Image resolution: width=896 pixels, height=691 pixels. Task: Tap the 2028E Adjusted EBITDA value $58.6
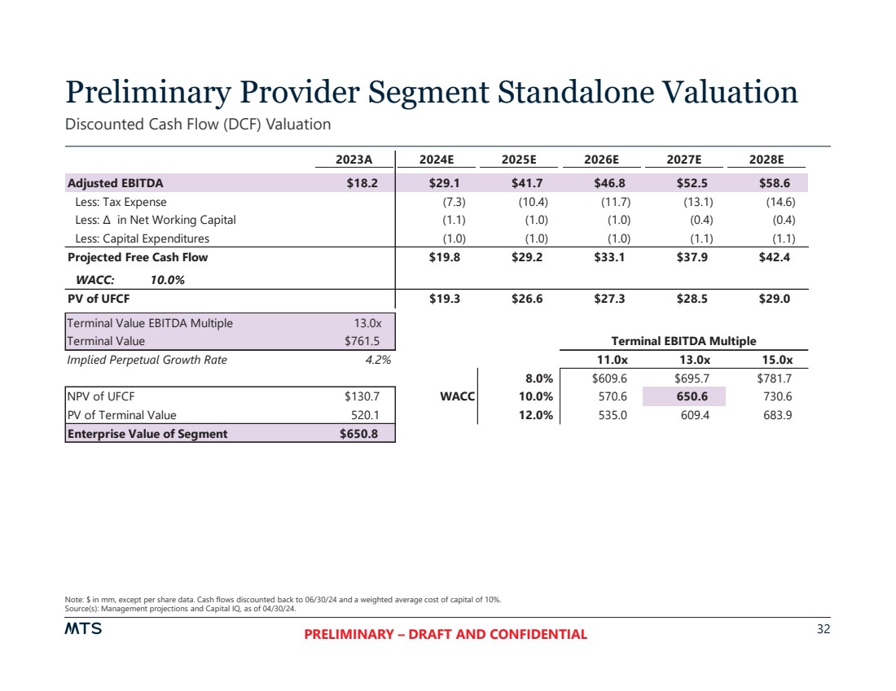click(x=774, y=183)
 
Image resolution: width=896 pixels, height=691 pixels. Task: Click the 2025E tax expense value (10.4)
click(x=533, y=202)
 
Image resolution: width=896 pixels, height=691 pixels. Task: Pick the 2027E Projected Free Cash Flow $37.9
click(x=691, y=257)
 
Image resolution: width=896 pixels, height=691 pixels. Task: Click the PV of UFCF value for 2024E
click(x=445, y=299)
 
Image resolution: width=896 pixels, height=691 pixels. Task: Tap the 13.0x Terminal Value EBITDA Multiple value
click(x=368, y=323)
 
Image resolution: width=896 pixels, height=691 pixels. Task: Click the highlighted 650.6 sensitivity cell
click(x=691, y=396)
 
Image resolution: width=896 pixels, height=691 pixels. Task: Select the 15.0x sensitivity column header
click(x=774, y=360)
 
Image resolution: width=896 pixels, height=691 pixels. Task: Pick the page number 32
click(x=823, y=629)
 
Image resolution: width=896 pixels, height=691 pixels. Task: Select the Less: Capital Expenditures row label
click(x=142, y=238)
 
